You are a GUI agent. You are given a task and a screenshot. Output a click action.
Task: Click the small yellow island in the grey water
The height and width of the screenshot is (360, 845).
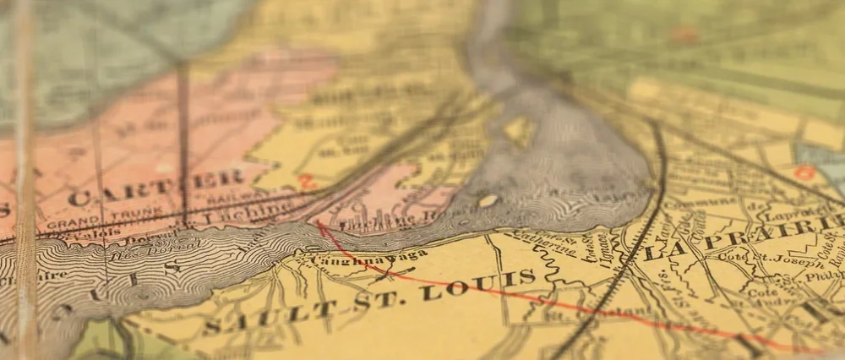point(488,201)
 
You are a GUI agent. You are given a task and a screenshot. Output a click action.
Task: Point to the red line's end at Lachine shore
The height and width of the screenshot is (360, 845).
point(320,224)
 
